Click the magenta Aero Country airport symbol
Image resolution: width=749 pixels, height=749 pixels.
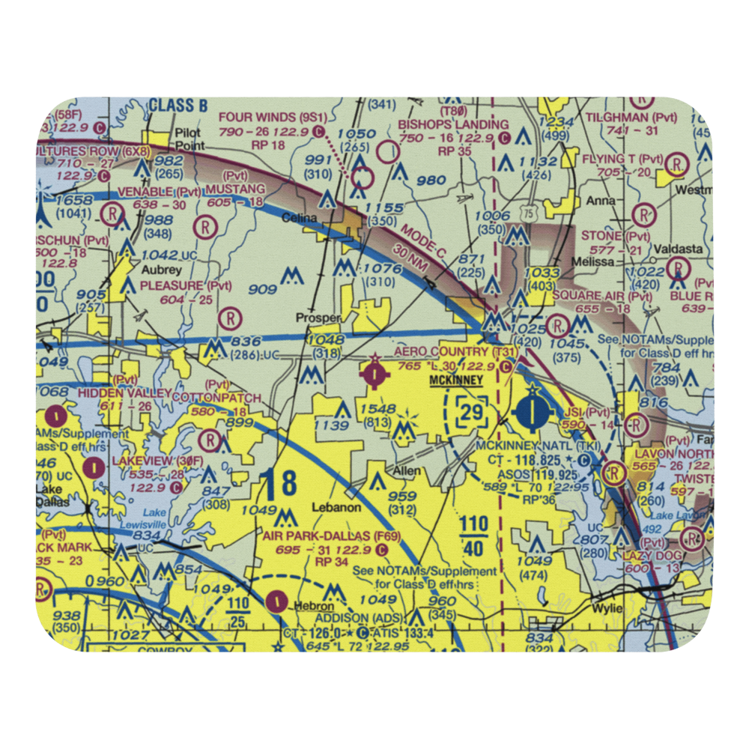(373, 372)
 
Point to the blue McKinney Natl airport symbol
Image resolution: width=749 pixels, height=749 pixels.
(533, 410)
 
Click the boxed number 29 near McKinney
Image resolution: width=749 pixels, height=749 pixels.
(472, 411)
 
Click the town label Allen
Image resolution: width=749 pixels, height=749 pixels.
(407, 472)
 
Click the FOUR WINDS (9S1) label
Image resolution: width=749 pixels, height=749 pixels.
(273, 118)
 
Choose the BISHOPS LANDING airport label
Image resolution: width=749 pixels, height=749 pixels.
(453, 124)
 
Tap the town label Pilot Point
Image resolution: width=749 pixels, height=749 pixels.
(188, 139)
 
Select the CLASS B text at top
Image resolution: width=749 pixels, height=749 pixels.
(178, 105)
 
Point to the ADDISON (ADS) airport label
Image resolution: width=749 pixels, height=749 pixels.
(358, 618)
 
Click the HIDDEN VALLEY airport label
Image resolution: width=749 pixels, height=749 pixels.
(115, 393)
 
